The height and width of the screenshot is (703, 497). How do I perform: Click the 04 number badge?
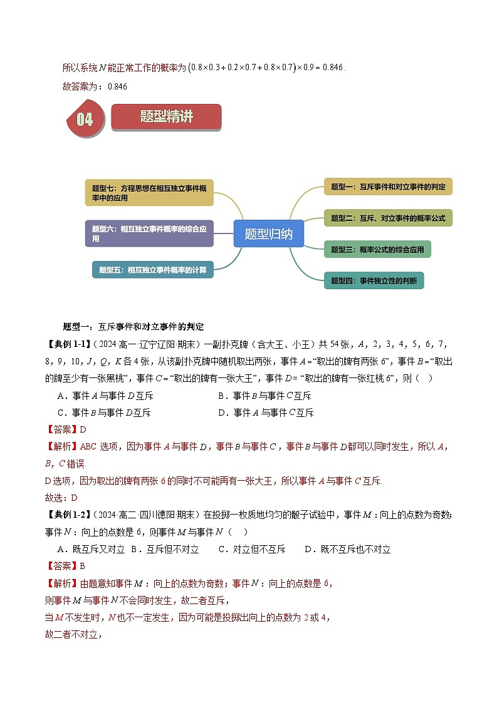[85, 118]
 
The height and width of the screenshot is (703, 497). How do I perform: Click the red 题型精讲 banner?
[166, 117]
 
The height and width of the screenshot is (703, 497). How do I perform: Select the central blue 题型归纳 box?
[268, 234]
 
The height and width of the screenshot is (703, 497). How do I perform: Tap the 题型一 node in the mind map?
[388, 187]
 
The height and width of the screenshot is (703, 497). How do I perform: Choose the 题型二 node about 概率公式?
[388, 218]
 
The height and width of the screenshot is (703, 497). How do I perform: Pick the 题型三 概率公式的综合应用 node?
[377, 249]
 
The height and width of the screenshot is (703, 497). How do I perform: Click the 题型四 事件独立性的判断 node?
[374, 280]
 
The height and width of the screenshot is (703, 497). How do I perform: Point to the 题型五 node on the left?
[152, 270]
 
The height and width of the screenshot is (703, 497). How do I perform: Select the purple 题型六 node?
[149, 233]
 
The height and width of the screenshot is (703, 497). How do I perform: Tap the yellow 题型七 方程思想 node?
[149, 192]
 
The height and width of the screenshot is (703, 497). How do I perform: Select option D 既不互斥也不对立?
[347, 549]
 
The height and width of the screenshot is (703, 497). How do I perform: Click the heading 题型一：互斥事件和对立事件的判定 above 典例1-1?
[133, 327]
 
